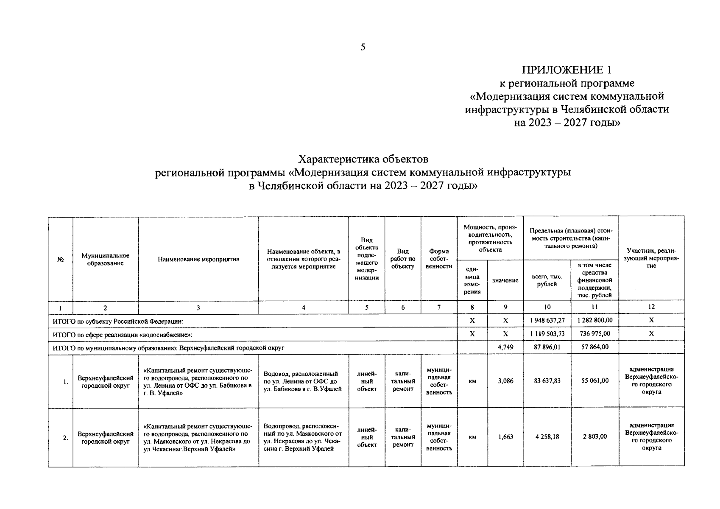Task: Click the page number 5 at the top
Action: [363, 47]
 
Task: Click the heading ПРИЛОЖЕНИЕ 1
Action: [567, 70]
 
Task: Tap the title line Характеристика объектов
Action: [363, 159]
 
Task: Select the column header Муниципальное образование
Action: [105, 259]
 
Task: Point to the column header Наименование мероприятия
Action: [198, 259]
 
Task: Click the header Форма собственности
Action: [439, 259]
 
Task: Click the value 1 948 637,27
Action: [547, 320]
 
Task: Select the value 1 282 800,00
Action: [595, 320]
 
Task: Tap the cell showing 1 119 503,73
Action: [547, 334]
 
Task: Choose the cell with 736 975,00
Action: [595, 334]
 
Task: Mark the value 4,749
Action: [505, 347]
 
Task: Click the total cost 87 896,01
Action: [547, 347]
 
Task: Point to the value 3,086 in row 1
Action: [505, 381]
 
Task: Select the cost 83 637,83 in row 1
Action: [547, 381]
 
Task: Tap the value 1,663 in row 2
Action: [505, 436]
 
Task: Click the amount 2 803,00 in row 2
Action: [595, 436]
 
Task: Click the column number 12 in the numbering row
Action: [651, 307]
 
